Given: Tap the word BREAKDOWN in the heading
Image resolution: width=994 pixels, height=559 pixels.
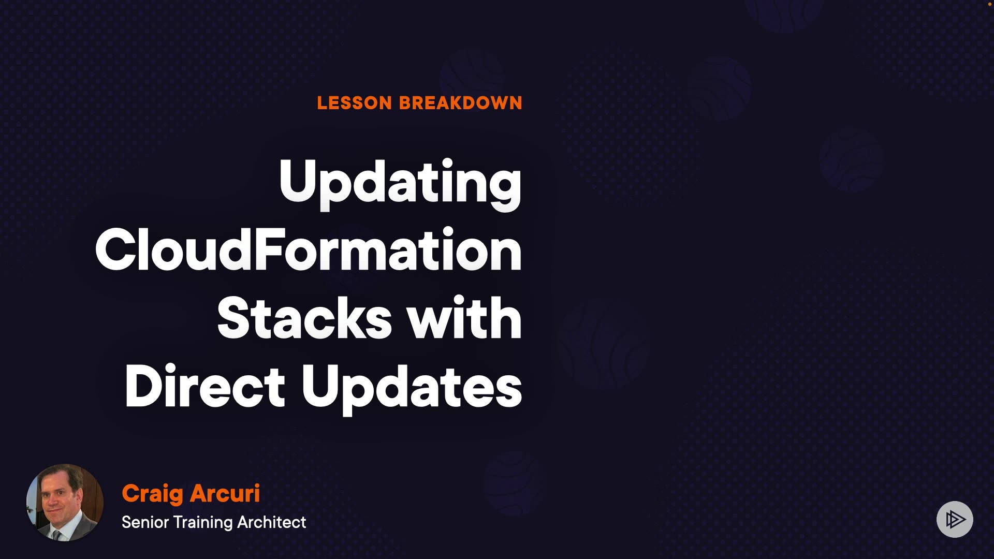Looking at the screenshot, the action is coord(461,103).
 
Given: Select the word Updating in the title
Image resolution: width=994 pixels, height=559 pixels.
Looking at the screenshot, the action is coord(400,184).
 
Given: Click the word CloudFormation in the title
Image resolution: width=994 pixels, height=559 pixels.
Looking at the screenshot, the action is coord(309,250).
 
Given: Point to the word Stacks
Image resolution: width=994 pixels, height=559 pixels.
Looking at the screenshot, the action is coord(304,317).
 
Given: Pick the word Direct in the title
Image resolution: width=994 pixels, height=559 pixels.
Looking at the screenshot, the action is coord(205,386).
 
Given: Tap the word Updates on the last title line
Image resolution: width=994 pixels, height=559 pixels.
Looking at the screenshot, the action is coord(412,388).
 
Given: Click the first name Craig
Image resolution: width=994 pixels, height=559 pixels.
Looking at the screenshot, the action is coord(152,494).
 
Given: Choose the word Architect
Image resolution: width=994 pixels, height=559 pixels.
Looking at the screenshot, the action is coord(272,522).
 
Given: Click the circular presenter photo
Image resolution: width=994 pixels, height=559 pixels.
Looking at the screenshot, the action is coord(65,503).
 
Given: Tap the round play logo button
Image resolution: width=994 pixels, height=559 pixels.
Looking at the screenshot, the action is coord(955,519).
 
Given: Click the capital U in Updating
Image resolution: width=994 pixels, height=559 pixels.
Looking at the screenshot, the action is coord(299,181).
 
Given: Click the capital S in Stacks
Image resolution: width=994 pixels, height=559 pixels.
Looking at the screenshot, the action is coord(236,317).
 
